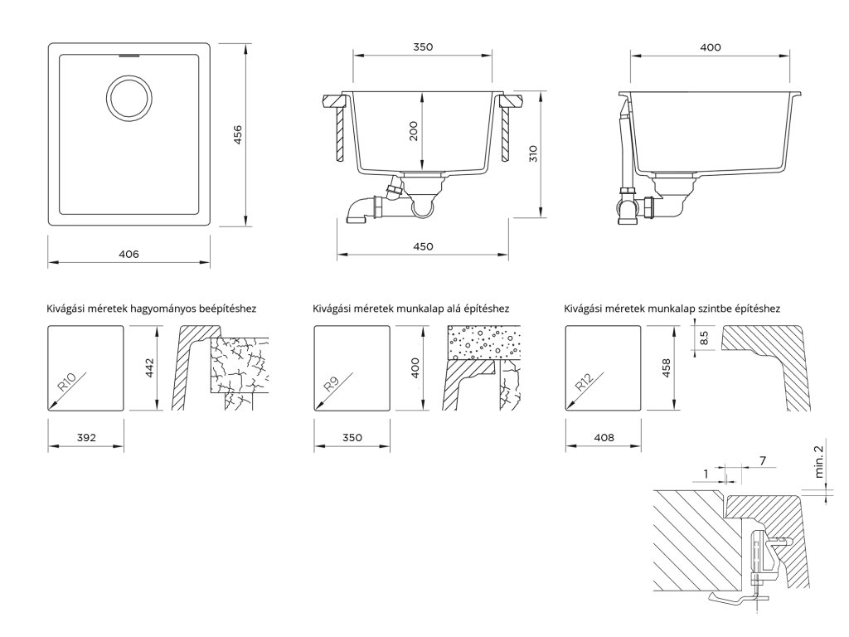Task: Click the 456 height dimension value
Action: pyautogui.click(x=238, y=134)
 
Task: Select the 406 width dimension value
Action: pyautogui.click(x=129, y=253)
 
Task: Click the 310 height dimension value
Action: pyautogui.click(x=533, y=153)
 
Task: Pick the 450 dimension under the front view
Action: pyautogui.click(x=423, y=246)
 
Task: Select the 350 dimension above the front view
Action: pyautogui.click(x=423, y=47)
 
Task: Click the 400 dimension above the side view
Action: pyautogui.click(x=711, y=47)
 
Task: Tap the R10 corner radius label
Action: pyautogui.click(x=67, y=382)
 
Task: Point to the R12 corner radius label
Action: pyautogui.click(x=584, y=382)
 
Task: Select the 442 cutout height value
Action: pyautogui.click(x=149, y=367)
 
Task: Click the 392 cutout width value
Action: pyautogui.click(x=86, y=436)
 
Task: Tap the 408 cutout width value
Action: pyautogui.click(x=603, y=436)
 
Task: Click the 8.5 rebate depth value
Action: pyautogui.click(x=704, y=338)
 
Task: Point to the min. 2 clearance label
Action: pyautogui.click(x=820, y=461)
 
